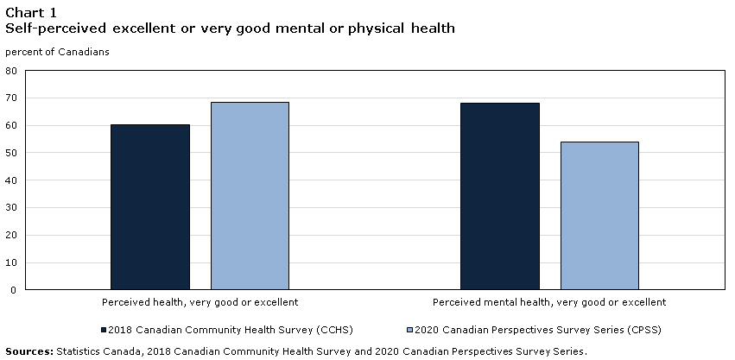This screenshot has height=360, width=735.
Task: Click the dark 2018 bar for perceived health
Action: [150, 207]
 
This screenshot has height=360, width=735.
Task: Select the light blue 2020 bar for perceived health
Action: [250, 196]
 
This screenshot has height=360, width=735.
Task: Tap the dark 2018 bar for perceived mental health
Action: [499, 197]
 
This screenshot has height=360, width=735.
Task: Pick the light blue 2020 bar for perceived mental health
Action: [599, 216]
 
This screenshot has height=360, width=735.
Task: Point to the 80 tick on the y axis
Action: [11, 72]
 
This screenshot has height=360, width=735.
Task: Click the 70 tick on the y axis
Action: [11, 98]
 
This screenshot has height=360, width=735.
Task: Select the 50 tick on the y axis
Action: [11, 153]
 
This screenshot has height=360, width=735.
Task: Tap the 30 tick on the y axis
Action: [11, 208]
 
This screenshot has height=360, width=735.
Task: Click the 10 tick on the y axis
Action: [11, 262]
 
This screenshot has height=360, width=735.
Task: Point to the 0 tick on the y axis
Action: [14, 290]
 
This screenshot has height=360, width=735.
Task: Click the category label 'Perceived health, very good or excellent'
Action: [200, 303]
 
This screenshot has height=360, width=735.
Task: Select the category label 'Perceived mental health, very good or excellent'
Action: [549, 303]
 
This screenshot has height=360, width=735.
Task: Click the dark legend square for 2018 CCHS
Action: [103, 330]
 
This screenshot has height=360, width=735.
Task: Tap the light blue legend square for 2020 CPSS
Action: [409, 330]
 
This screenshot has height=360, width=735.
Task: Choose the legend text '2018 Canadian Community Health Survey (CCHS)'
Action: [231, 330]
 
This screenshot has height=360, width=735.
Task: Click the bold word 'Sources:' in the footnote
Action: [29, 351]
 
